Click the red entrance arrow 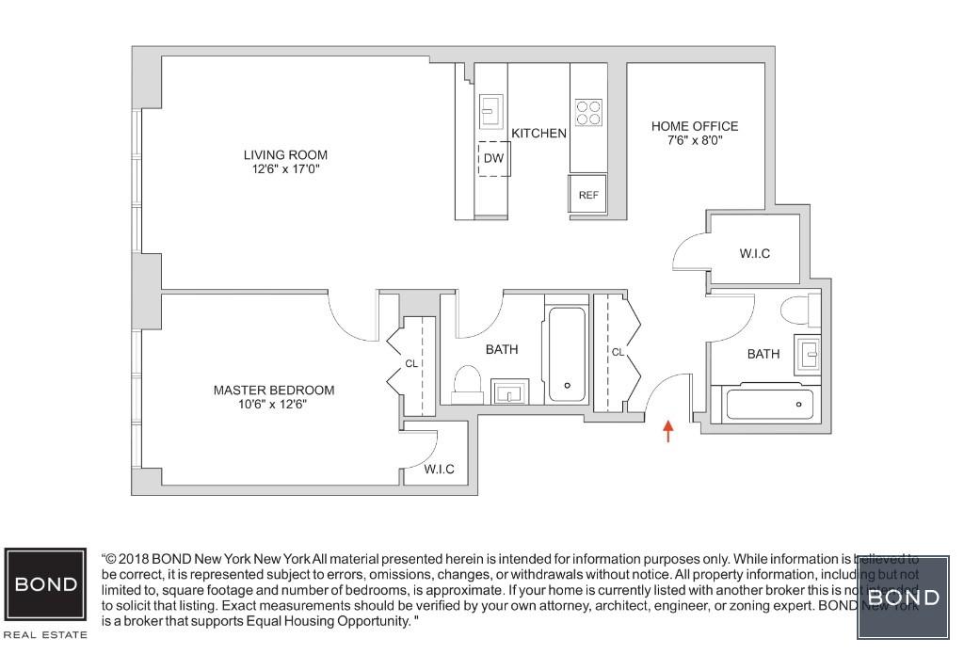[668, 431]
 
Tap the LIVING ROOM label [285, 155]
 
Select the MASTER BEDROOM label [273, 391]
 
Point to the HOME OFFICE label [695, 126]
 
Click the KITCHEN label [538, 134]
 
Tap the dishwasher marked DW [493, 158]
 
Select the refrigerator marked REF [588, 195]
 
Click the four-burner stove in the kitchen [588, 113]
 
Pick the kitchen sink [491, 111]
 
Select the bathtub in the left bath [567, 355]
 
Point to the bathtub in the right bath [768, 405]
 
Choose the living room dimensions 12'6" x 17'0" [285, 170]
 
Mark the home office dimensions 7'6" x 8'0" [695, 141]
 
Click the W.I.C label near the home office [754, 253]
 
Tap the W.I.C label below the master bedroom [439, 470]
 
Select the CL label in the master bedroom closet [411, 363]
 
